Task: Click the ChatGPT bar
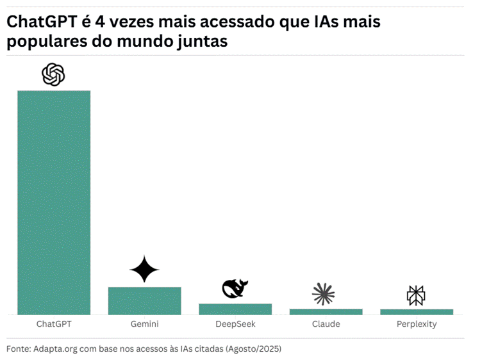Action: pos(54,202)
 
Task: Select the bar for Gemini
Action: pos(144,300)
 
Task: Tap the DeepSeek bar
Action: pos(235,309)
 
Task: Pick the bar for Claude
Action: pos(326,311)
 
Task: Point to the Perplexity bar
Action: pos(417,312)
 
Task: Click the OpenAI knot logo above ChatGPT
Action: pos(54,75)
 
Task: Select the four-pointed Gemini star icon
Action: pos(144,270)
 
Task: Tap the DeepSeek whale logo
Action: pos(235,289)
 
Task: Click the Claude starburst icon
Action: pos(324,293)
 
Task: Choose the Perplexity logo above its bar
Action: pos(416,295)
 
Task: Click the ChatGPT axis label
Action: pos(54,324)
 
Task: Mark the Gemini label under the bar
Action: pos(144,324)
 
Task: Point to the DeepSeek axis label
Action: pos(235,324)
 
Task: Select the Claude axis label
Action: pos(326,324)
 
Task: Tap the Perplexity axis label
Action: pos(417,324)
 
